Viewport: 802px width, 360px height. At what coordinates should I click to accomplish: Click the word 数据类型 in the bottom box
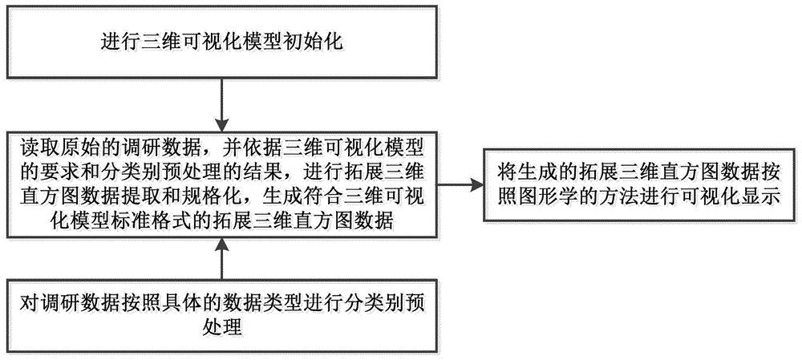point(241,305)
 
